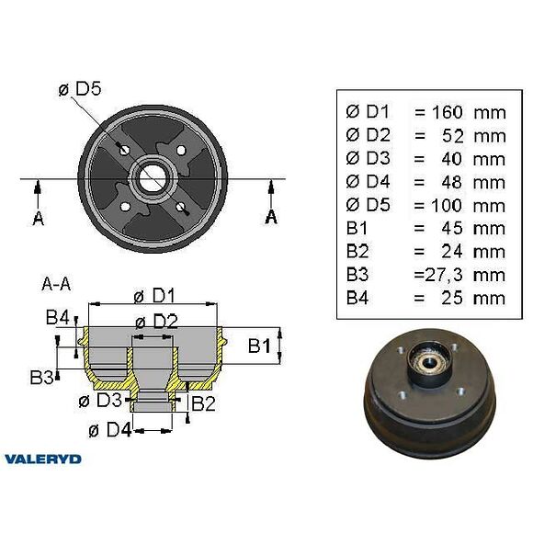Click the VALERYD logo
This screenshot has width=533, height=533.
(x=42, y=459)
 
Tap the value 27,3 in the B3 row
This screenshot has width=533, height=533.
(x=436, y=275)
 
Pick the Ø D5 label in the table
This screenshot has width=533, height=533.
(x=366, y=205)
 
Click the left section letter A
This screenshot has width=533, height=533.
(x=38, y=218)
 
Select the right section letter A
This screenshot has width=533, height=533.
(x=271, y=216)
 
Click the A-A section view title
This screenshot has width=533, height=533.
(x=56, y=283)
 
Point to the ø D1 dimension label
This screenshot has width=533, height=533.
(x=153, y=295)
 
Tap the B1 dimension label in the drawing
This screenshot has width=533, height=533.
(x=260, y=346)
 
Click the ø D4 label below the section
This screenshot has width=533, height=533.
(x=108, y=429)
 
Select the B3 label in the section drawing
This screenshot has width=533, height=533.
(x=40, y=377)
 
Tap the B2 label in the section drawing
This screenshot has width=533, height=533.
(x=202, y=402)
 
